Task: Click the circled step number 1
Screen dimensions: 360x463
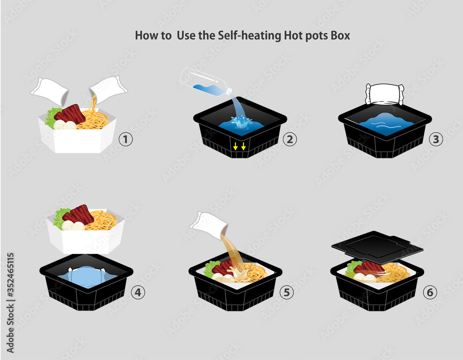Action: click(x=125, y=139)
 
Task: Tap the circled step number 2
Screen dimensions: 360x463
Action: click(x=289, y=139)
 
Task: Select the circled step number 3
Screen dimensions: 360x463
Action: click(x=435, y=139)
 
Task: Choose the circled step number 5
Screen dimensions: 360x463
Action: click(x=287, y=292)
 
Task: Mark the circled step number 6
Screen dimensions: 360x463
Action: click(x=430, y=292)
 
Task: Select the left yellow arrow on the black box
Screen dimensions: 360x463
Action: click(x=235, y=146)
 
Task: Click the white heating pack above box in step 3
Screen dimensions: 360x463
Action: click(x=385, y=94)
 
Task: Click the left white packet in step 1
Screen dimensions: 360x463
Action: click(x=50, y=91)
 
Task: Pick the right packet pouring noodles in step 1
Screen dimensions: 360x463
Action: click(x=108, y=88)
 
